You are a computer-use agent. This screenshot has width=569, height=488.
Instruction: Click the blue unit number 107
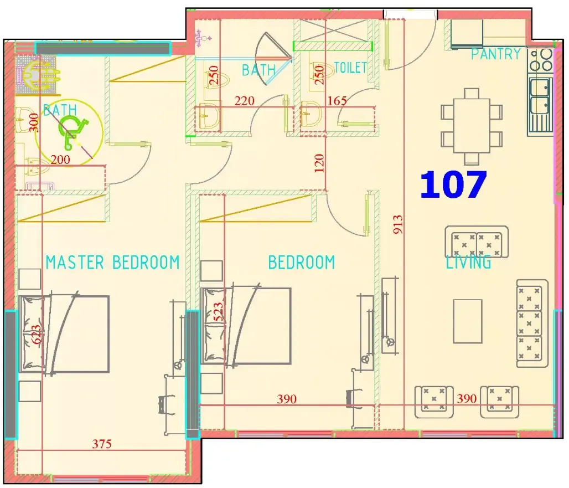point(453,185)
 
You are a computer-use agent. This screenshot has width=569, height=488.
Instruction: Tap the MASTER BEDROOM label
point(112,263)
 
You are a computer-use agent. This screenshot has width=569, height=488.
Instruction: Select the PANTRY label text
point(496,54)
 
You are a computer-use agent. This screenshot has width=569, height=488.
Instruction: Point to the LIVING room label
point(468,262)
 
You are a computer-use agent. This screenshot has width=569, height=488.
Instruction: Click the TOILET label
point(350,68)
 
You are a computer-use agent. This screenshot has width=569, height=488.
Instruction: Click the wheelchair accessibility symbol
point(71,133)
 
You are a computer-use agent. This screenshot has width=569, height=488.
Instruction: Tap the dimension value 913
point(398,224)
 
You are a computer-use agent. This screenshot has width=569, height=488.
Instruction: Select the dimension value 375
point(102,444)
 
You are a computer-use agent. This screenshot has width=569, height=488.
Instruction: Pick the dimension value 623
point(37,335)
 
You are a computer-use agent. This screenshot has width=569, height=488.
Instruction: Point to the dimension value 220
point(244,101)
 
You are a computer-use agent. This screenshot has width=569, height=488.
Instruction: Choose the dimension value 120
point(319,163)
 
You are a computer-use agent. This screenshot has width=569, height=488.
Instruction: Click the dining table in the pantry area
point(472,126)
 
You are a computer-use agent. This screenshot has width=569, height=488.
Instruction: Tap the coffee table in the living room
point(468,321)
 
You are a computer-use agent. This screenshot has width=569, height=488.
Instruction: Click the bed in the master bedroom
point(64,333)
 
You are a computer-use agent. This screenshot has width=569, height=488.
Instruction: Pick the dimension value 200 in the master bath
point(60,160)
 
